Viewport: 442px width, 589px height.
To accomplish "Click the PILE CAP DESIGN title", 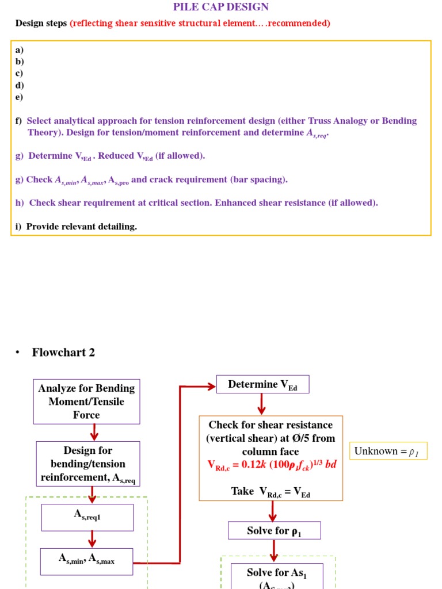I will (221, 7).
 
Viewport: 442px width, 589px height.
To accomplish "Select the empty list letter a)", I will (20, 50).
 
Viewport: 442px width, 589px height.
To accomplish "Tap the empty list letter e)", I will (20, 97).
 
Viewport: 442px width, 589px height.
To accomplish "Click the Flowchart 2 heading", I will (63, 353).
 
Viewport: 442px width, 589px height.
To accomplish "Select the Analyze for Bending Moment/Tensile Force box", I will (86, 401).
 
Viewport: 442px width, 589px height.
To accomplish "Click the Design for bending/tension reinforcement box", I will (88, 464).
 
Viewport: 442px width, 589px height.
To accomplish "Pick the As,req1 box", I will (87, 517).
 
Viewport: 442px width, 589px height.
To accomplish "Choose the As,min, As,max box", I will (86, 561).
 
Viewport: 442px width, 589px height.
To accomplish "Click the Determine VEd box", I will (262, 384).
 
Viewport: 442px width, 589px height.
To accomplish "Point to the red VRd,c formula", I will (272, 464).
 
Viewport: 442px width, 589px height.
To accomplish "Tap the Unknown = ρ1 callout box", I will (388, 451).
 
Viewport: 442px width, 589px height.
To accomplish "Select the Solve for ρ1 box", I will (274, 530).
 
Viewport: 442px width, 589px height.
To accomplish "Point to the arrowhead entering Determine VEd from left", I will (211, 386).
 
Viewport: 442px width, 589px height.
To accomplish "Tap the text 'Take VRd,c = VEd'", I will (270, 491).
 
